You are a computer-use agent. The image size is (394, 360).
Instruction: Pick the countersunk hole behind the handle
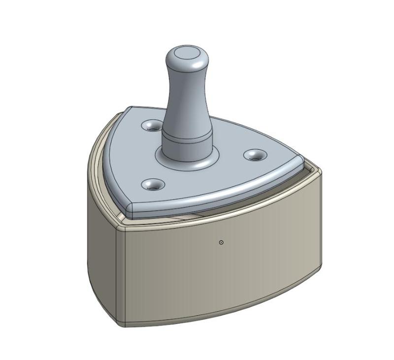click(150, 126)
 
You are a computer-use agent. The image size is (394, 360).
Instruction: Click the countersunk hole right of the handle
click(255, 155)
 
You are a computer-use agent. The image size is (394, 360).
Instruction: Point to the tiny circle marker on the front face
click(221, 242)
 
